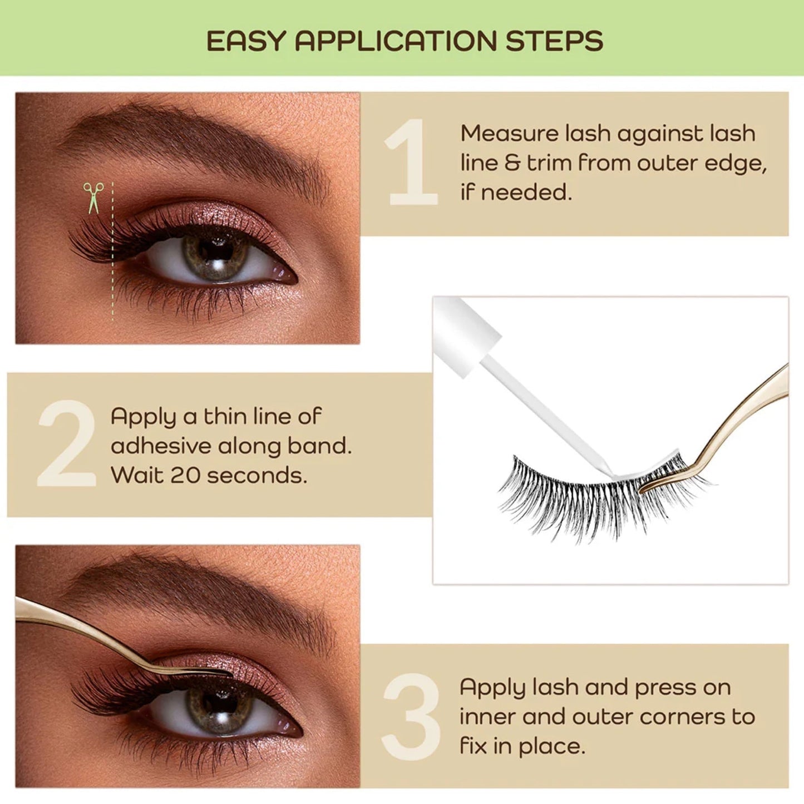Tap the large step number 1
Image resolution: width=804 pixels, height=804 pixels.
coord(412,162)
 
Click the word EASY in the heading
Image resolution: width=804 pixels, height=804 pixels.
coord(245,41)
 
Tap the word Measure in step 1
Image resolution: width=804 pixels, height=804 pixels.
coord(509,134)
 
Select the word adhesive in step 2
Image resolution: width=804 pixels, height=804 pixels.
coord(160,446)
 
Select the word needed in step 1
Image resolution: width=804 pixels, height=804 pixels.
coord(526,193)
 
